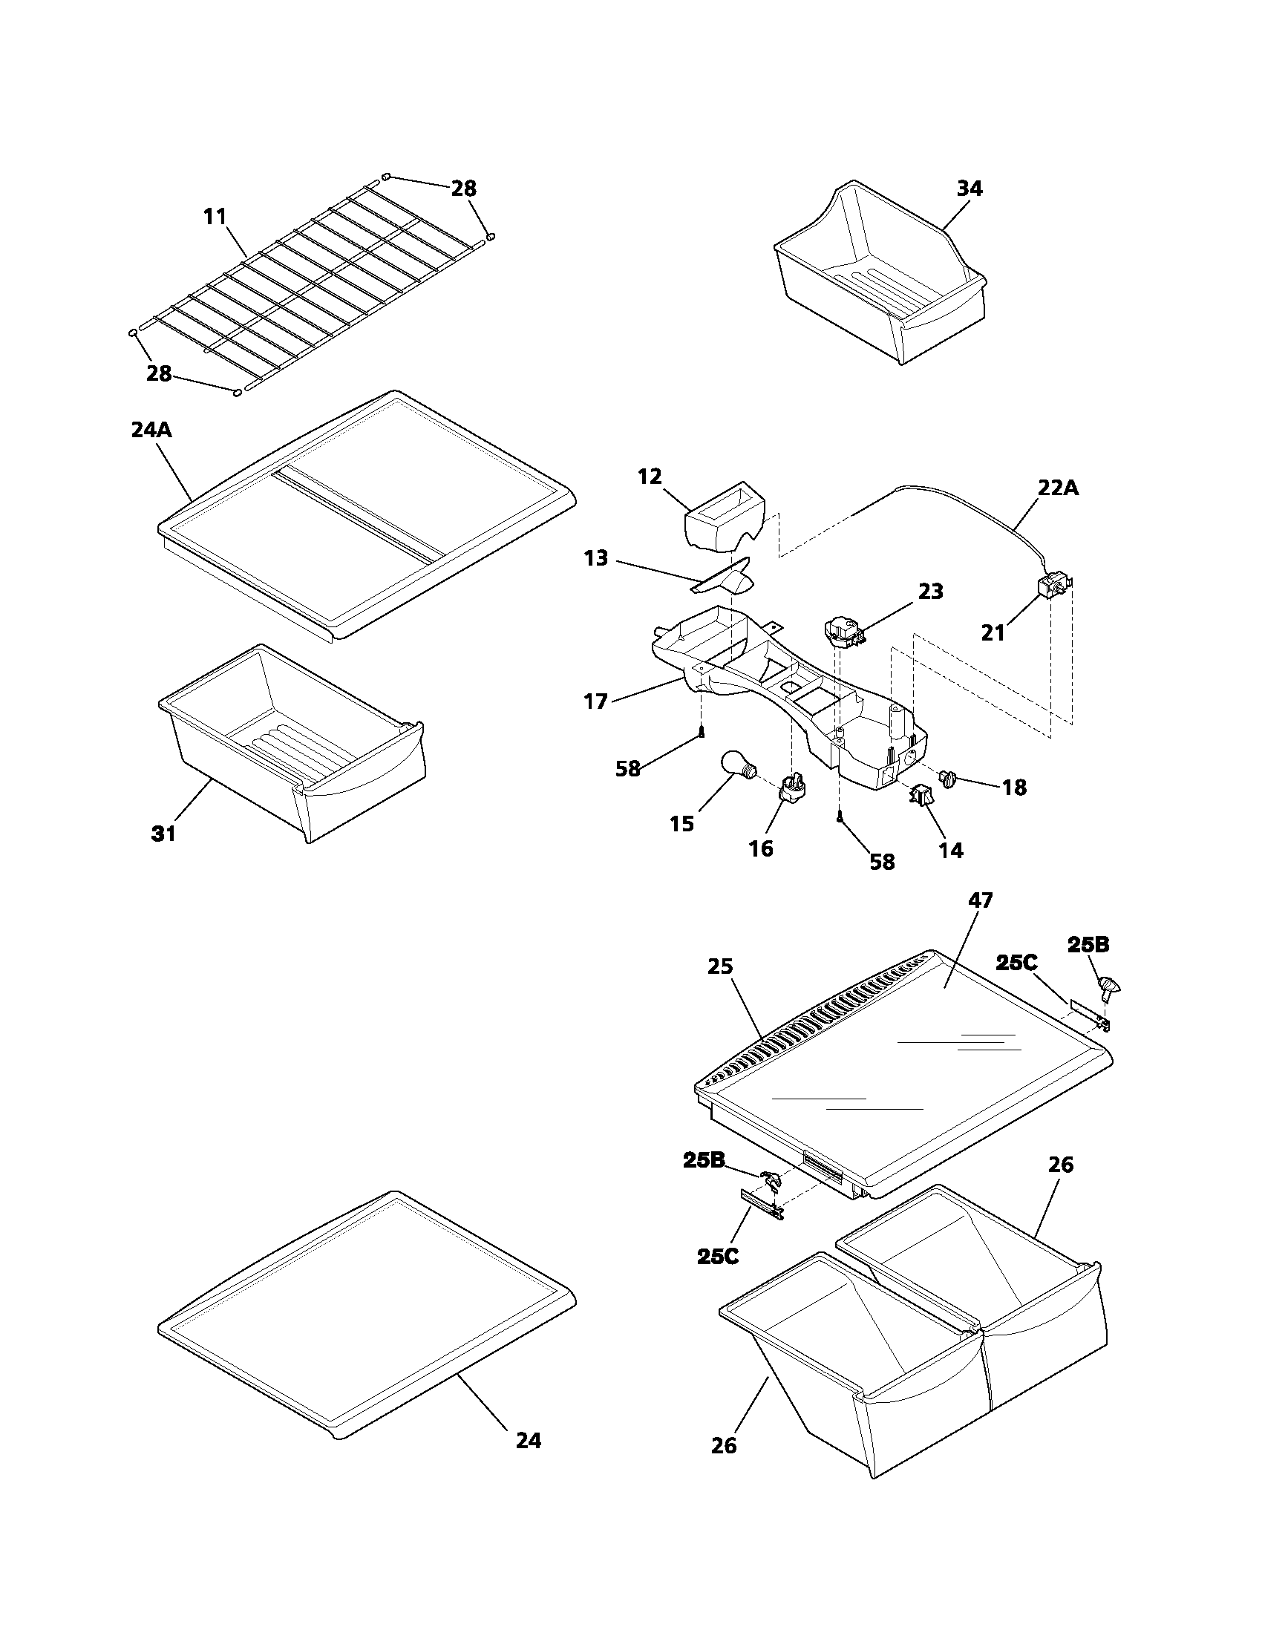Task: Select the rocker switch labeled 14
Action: pyautogui.click(x=921, y=797)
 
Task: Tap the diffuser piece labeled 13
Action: pyautogui.click(x=722, y=576)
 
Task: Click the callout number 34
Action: pyautogui.click(x=969, y=189)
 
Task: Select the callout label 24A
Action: pyautogui.click(x=151, y=430)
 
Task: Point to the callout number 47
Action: pyautogui.click(x=980, y=900)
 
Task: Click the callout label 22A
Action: pyautogui.click(x=1058, y=488)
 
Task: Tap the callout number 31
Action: pyautogui.click(x=164, y=833)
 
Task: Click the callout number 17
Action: pyautogui.click(x=596, y=701)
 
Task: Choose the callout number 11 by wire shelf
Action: pyautogui.click(x=215, y=217)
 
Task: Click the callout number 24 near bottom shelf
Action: pyautogui.click(x=529, y=1440)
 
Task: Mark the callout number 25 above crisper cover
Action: pyautogui.click(x=720, y=966)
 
